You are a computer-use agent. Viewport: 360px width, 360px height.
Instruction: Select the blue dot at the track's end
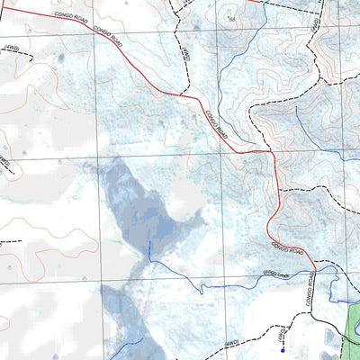pyautogui.click(x=283, y=351)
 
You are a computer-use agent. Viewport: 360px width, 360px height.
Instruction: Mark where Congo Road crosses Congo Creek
pyautogui.click(x=315, y=267)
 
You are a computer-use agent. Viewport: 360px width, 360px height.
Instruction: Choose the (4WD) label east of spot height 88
pyautogui.click(x=316, y=27)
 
